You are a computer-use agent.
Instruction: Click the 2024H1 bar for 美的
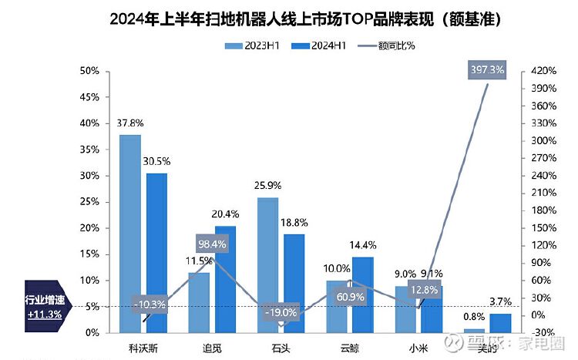tap(501, 323)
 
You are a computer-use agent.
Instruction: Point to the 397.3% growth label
tap(487, 70)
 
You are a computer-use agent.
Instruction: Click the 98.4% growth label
tap(212, 244)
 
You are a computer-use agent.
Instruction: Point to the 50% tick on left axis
tap(90, 71)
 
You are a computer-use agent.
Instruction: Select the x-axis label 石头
tap(281, 346)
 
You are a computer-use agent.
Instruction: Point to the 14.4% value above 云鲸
tap(363, 245)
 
